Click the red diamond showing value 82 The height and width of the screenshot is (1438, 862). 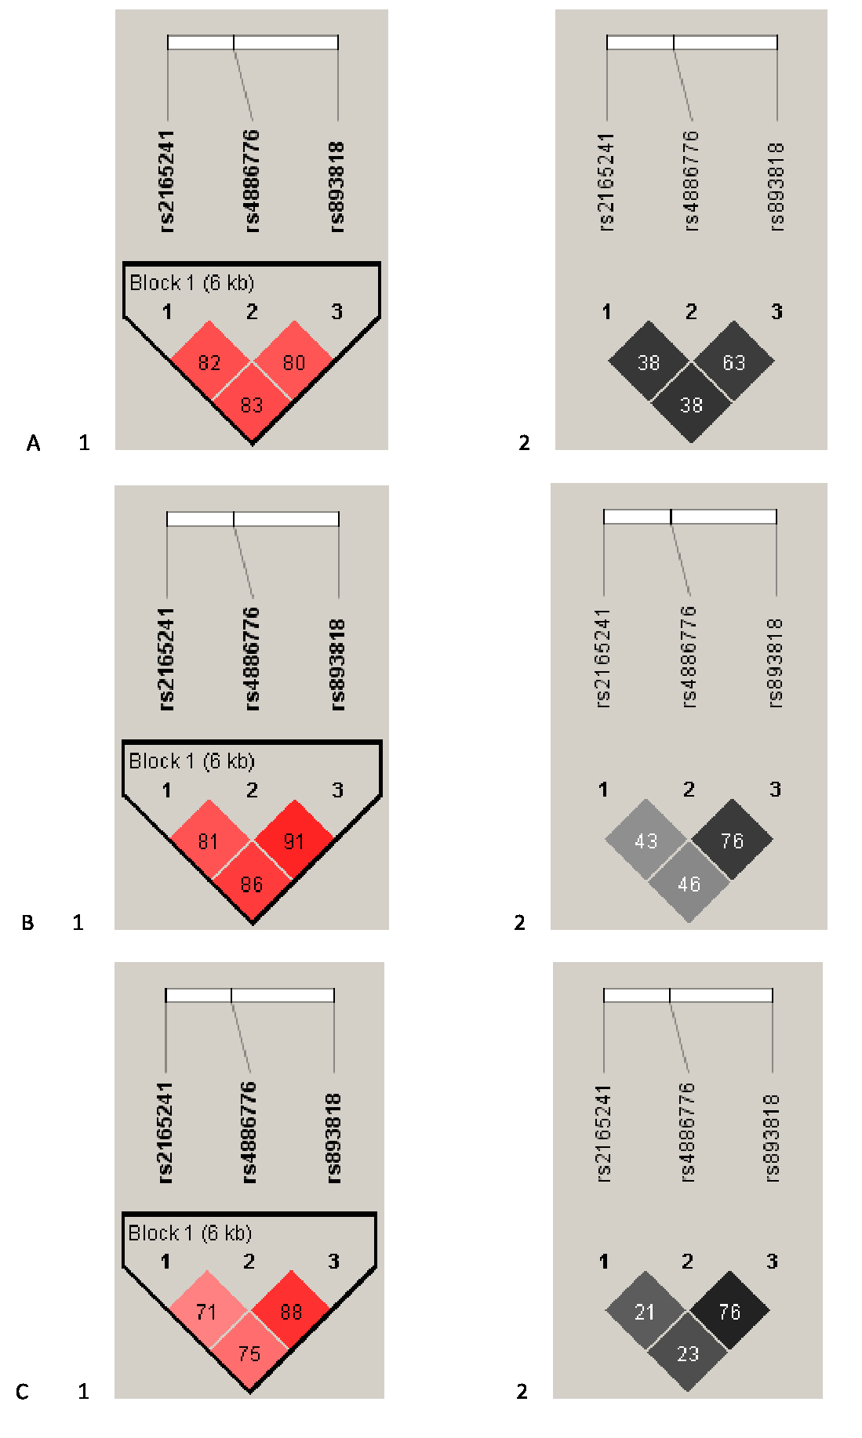pyautogui.click(x=209, y=362)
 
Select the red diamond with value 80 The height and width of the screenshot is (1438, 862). pyautogui.click(x=294, y=362)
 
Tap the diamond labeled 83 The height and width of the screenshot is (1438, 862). pyautogui.click(x=252, y=405)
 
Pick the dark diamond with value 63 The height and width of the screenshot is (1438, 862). pyautogui.click(x=733, y=362)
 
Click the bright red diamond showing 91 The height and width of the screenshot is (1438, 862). pyautogui.click(x=294, y=841)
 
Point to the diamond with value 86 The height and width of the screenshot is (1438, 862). pyautogui.click(x=252, y=884)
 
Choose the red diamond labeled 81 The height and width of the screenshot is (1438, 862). pyautogui.click(x=209, y=841)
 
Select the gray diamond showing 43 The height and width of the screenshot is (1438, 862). pyautogui.click(x=646, y=841)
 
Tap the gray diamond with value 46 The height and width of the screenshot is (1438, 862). pyautogui.click(x=689, y=884)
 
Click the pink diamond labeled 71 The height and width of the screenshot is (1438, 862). pyautogui.click(x=206, y=1312)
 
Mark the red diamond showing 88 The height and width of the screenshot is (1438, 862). pyautogui.click(x=291, y=1312)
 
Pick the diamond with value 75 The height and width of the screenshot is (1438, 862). pyautogui.click(x=249, y=1353)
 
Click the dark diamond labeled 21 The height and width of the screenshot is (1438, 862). pyautogui.click(x=645, y=1312)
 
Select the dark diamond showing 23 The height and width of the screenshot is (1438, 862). pyautogui.click(x=688, y=1353)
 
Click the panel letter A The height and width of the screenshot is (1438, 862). pyautogui.click(x=33, y=444)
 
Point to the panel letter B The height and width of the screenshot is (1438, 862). pyautogui.click(x=27, y=923)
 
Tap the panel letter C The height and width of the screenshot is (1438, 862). pyautogui.click(x=22, y=1392)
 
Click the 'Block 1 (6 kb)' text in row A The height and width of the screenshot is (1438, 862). pyautogui.click(x=192, y=283)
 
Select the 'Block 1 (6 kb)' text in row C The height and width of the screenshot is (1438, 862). pyautogui.click(x=190, y=1233)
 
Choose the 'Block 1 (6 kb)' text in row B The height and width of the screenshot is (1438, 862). pyautogui.click(x=191, y=761)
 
